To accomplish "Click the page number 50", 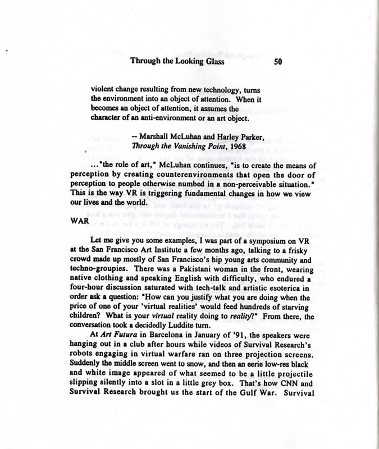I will point(277,63).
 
